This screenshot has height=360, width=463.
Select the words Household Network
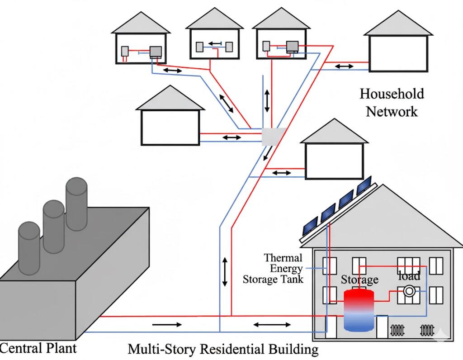[x=392, y=102]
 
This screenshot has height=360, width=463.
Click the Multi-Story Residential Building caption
[x=223, y=349]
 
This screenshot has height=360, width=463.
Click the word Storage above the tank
[x=359, y=280]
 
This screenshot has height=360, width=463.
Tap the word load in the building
[x=409, y=275]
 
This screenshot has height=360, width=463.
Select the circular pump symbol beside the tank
[x=409, y=291]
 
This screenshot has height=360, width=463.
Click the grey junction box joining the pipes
[x=274, y=137]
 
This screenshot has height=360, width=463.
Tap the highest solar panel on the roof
[x=364, y=186]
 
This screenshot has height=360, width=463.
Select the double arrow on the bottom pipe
[x=272, y=324]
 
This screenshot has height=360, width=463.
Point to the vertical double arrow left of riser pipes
[x=225, y=271]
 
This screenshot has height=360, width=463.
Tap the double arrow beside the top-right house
[x=345, y=66]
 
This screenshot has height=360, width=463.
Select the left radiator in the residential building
[x=397, y=330]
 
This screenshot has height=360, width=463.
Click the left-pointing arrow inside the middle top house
[x=215, y=44]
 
